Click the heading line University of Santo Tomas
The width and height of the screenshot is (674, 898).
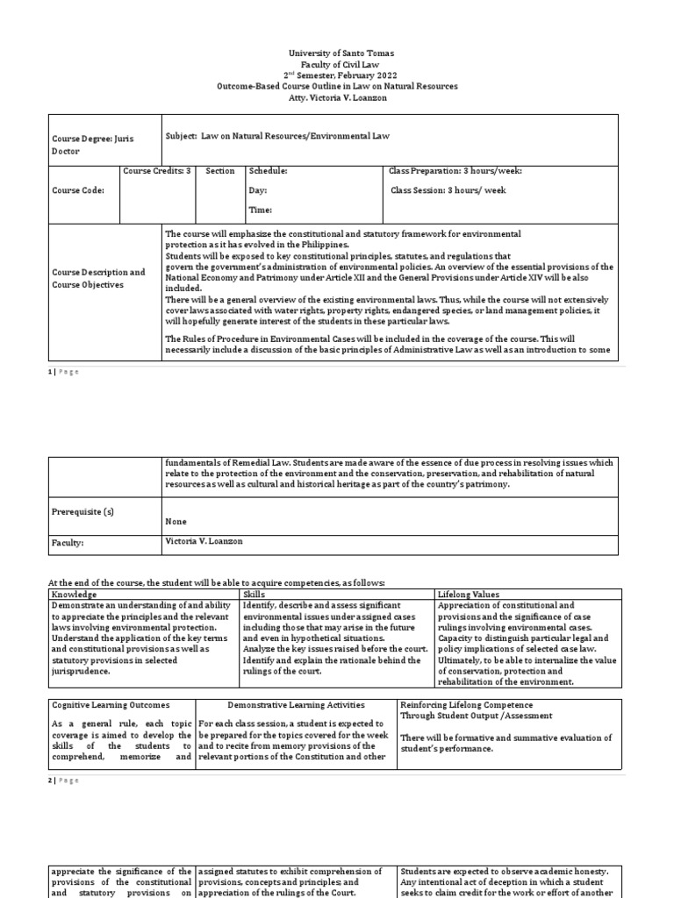coord(337,53)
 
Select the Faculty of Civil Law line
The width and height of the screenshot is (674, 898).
coord(337,65)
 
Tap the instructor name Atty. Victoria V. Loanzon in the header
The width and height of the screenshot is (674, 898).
coord(337,97)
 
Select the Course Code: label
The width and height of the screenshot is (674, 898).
coord(78,190)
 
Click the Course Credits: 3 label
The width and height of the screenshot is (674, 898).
coord(156,171)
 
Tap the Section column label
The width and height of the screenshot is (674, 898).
coord(219,171)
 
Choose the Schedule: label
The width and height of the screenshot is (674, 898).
coord(268,171)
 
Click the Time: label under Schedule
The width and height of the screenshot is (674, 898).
coord(261,210)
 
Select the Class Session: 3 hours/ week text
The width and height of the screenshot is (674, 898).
coord(448,190)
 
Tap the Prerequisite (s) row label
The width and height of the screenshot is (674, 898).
coord(82,510)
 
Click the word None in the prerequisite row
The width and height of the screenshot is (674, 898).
coord(176,521)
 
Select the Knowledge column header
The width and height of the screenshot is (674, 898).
coord(74,595)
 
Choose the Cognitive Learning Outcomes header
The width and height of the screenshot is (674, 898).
coord(111,705)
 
